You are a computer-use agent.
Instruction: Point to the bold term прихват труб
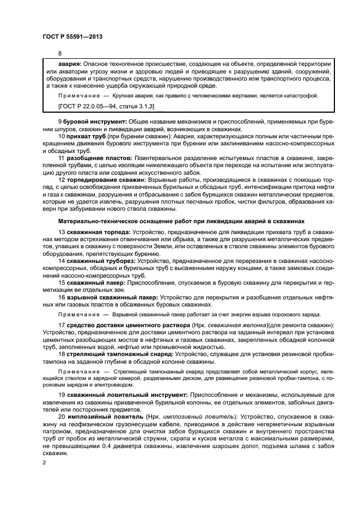[87, 137]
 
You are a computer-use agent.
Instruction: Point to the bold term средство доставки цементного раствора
[128, 325]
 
